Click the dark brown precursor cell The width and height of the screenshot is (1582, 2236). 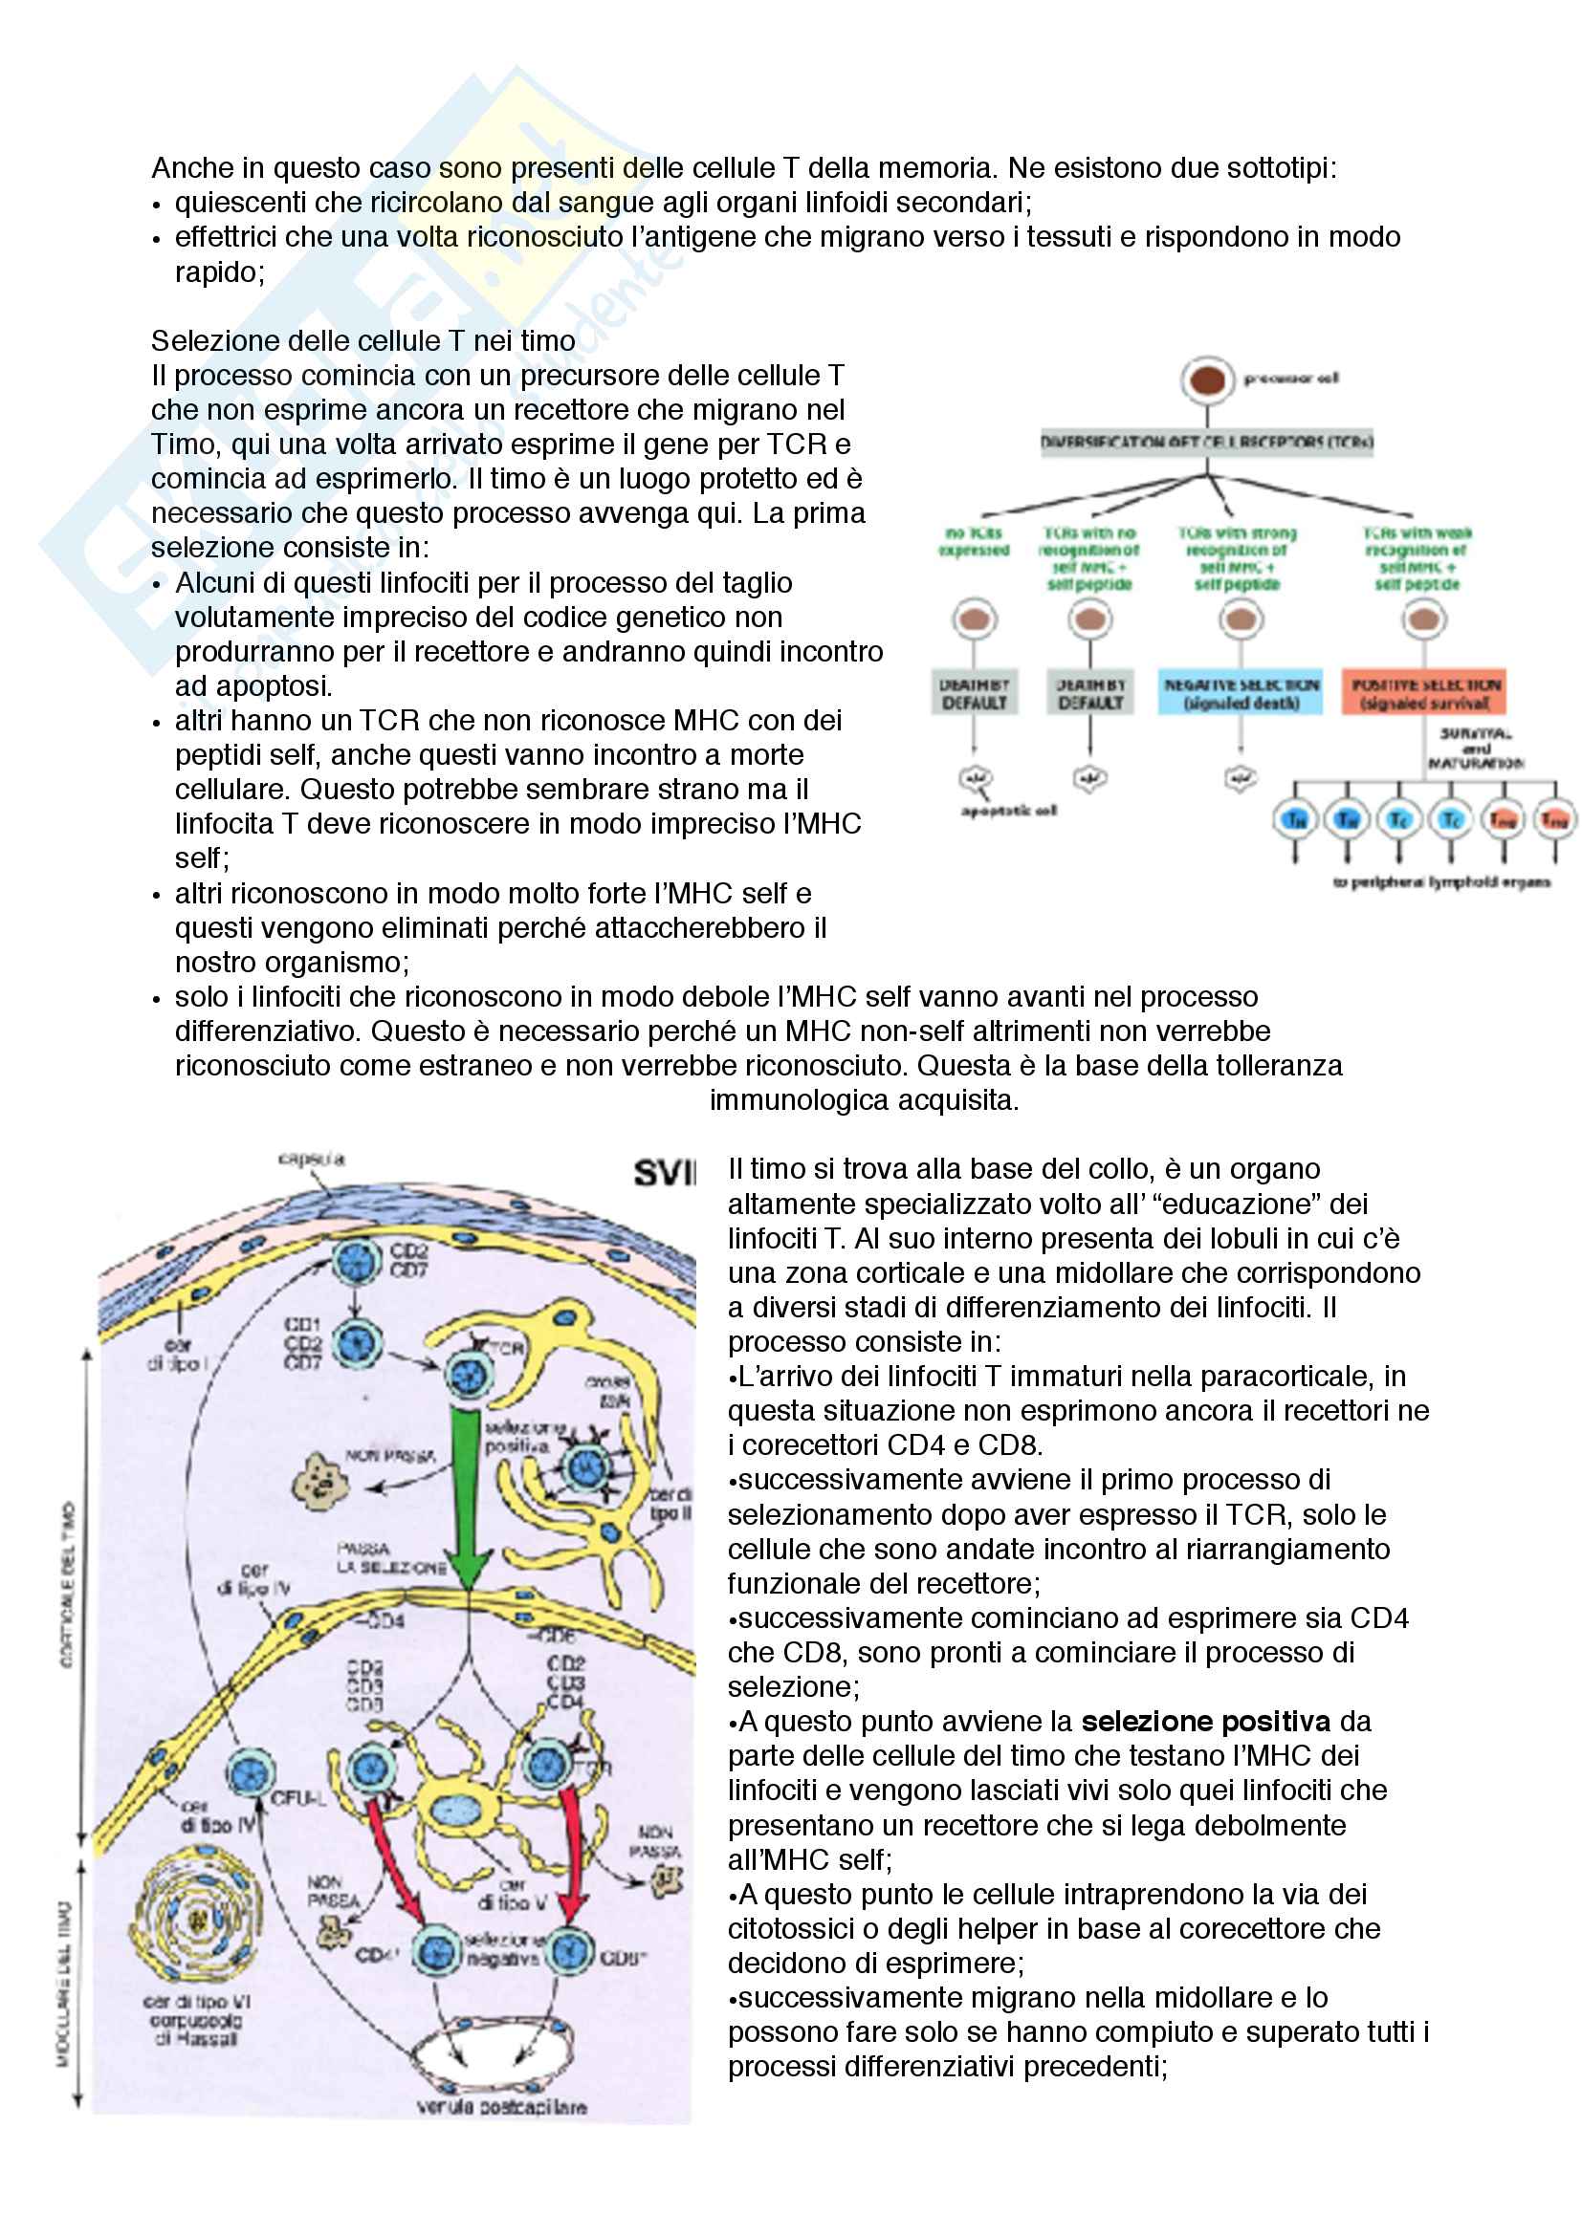click(x=1207, y=380)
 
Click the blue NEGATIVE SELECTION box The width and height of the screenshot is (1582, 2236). click(x=1241, y=692)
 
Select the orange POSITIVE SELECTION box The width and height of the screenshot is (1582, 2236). click(x=1424, y=692)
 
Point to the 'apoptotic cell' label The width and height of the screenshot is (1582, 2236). click(x=1008, y=811)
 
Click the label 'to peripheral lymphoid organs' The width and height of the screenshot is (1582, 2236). click(x=1440, y=882)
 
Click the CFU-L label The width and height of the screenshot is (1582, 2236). click(x=297, y=1798)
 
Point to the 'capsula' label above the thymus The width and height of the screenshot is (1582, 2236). click(x=311, y=1159)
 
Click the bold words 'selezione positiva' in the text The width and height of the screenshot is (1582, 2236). click(x=1205, y=1721)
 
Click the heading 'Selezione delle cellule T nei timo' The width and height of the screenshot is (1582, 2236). click(x=363, y=341)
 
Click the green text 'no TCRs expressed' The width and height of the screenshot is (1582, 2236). click(x=973, y=541)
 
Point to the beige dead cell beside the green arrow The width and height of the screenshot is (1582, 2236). click(x=319, y=1484)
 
